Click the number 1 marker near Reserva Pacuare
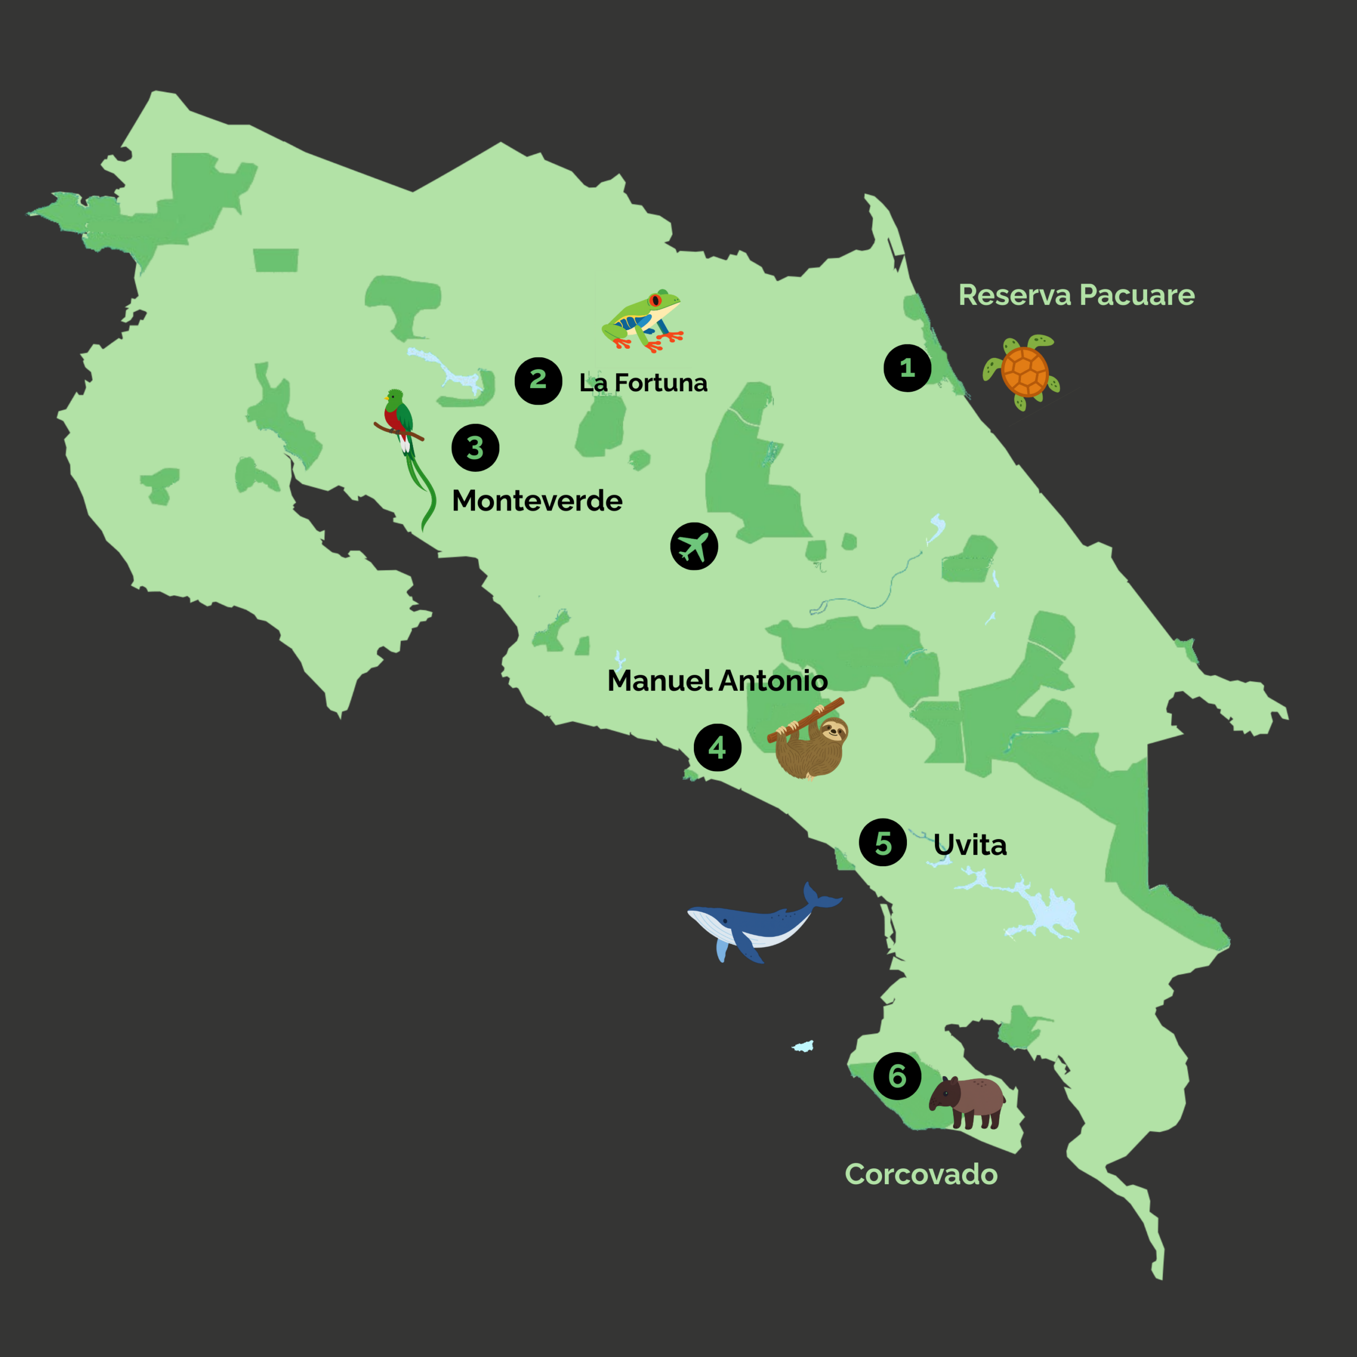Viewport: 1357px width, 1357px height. pos(907,368)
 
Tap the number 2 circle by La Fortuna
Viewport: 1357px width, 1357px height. pos(538,381)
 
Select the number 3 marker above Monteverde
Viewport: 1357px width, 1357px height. pos(475,447)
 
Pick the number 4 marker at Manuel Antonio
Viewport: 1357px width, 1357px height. pos(717,747)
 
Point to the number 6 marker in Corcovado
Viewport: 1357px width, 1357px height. pos(897,1076)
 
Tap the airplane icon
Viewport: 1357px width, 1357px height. pos(694,546)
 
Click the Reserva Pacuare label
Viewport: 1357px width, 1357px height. pos(1076,295)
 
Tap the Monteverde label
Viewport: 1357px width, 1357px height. pos(536,501)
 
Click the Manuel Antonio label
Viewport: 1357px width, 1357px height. pos(717,681)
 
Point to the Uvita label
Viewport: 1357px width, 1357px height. pos(970,845)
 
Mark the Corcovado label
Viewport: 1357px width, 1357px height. pos(921,1174)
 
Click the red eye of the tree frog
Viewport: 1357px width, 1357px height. pos(655,301)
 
